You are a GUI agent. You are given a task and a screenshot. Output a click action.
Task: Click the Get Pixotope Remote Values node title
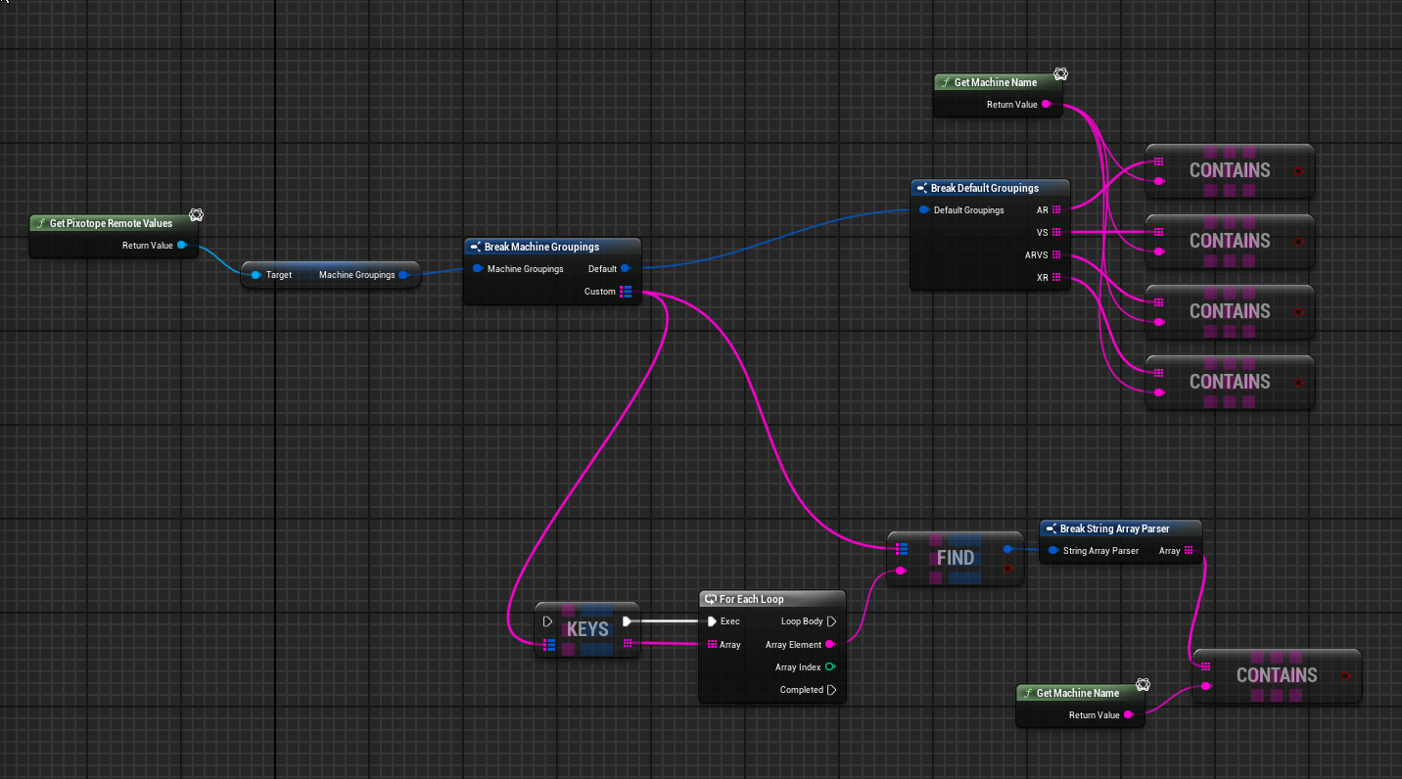click(x=111, y=223)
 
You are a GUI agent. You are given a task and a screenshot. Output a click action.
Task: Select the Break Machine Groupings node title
click(x=541, y=247)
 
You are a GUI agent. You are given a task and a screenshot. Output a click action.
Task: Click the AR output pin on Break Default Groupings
click(x=1056, y=209)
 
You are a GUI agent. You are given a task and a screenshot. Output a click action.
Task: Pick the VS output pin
click(x=1056, y=232)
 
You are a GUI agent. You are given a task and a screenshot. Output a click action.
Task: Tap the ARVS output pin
click(x=1056, y=254)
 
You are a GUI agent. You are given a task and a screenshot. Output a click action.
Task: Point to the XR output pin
click(x=1056, y=278)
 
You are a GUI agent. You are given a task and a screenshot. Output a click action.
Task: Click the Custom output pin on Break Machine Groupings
click(x=626, y=292)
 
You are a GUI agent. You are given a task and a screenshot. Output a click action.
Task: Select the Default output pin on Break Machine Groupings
click(x=626, y=268)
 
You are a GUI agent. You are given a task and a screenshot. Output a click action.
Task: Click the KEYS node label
click(x=587, y=629)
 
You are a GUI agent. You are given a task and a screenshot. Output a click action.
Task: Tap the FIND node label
click(x=955, y=558)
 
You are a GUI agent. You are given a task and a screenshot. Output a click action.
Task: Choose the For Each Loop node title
click(x=751, y=599)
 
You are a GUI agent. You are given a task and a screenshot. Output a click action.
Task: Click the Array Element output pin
click(x=830, y=644)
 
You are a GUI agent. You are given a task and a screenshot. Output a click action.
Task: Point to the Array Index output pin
click(x=830, y=667)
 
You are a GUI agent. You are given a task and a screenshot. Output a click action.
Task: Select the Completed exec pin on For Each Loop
click(x=831, y=690)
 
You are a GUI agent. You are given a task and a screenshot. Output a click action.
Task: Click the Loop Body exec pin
click(x=831, y=621)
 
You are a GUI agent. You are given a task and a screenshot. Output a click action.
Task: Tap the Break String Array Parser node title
click(x=1114, y=528)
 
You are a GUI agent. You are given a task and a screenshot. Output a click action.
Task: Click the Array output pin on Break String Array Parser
click(x=1189, y=551)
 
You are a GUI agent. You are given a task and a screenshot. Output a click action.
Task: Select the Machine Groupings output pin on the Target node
click(x=402, y=275)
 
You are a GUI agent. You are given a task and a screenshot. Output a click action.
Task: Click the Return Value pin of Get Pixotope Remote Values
click(x=182, y=246)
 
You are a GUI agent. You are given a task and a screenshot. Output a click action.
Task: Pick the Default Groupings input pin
click(x=924, y=209)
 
